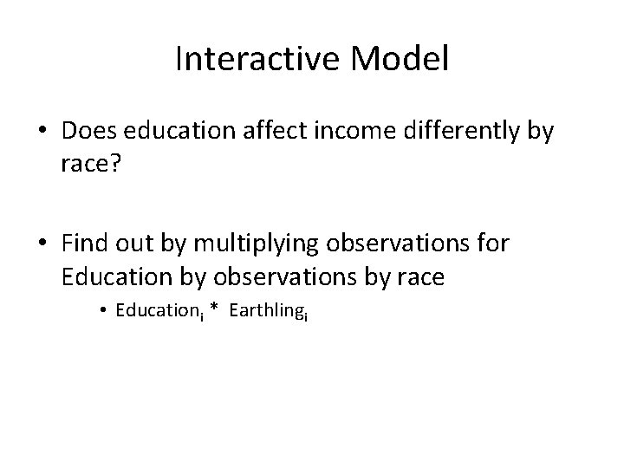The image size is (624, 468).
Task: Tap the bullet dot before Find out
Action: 43,244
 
